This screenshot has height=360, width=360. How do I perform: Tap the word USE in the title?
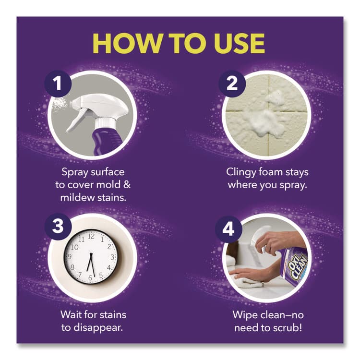[x=238, y=44]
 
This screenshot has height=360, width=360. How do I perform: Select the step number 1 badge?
[x=58, y=84]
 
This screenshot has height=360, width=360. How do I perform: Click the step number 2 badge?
[x=232, y=84]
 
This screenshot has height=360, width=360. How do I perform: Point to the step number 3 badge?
[x=58, y=226]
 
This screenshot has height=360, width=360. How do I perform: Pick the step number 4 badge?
[x=228, y=229]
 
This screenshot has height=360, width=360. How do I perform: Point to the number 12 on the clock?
[x=91, y=236]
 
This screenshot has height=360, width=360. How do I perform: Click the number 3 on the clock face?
[x=112, y=257]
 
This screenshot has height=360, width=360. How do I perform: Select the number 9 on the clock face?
[x=69, y=256]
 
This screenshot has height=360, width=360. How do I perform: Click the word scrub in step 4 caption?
[x=287, y=328]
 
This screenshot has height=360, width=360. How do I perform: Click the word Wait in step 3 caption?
[x=71, y=314]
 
